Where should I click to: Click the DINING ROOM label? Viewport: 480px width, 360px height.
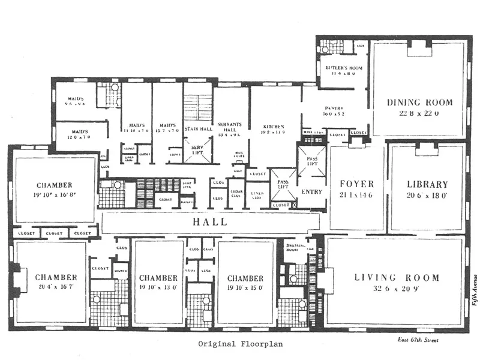tap(419, 102)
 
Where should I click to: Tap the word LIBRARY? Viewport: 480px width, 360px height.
tap(427, 185)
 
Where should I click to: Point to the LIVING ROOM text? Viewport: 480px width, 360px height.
tap(397, 278)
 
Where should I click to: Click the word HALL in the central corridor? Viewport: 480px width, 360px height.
tap(209, 222)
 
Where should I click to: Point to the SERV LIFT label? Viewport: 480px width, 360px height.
tap(197, 149)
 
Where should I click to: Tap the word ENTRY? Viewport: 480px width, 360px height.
tap(311, 192)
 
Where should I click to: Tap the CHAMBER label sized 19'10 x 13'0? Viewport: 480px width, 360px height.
tap(158, 278)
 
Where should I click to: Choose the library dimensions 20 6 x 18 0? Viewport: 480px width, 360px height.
tap(427, 195)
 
